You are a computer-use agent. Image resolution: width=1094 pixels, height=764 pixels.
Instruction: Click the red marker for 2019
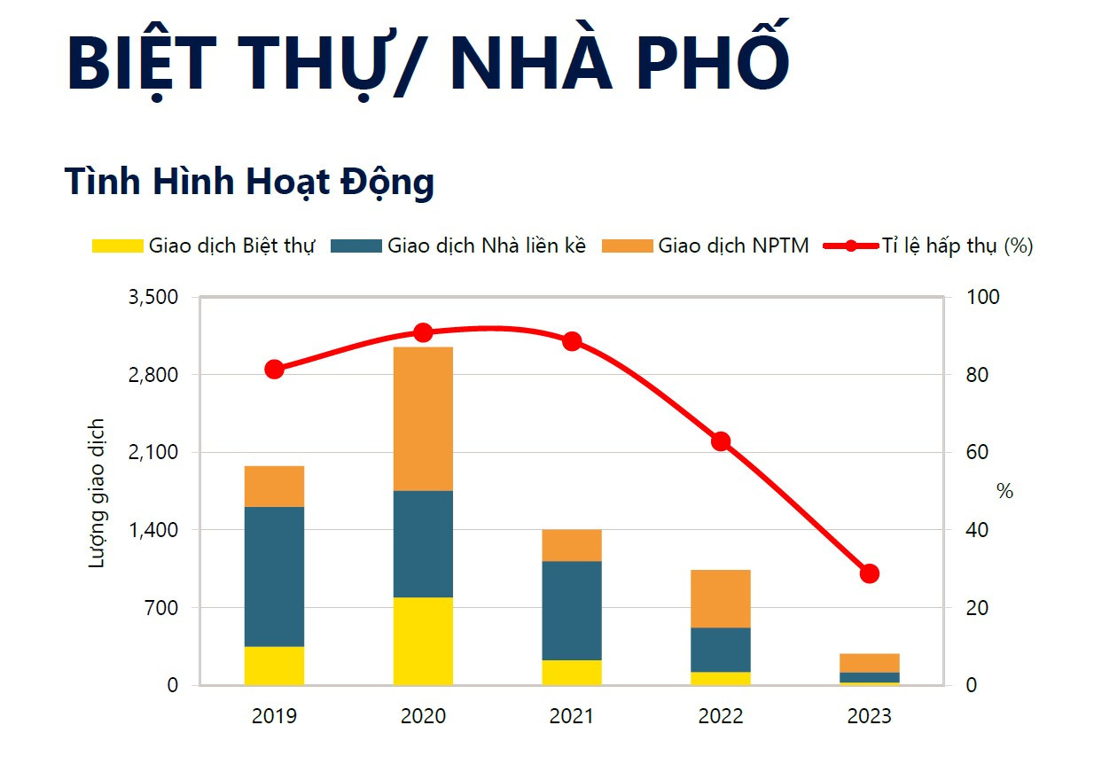coord(274,370)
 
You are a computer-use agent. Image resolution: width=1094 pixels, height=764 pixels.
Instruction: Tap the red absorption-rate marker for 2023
coord(869,573)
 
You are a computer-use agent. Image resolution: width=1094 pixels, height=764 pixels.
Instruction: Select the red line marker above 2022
coord(721,441)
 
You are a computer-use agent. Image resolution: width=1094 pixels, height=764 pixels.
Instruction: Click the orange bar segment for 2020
coord(423,418)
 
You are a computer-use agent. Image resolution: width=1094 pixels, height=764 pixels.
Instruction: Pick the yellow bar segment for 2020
coord(423,641)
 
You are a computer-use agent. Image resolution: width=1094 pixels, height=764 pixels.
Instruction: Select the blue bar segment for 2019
coord(274,576)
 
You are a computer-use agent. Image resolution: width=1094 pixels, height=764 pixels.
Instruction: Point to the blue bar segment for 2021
coord(572,610)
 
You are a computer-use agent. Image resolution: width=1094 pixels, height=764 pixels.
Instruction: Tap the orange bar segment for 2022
coord(721,598)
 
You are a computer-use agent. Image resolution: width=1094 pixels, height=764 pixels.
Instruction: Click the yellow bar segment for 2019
coord(274,666)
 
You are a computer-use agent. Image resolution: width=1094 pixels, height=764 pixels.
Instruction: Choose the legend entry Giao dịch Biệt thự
coord(204,246)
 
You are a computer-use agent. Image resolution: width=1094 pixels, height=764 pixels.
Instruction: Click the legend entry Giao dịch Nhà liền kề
coord(458,246)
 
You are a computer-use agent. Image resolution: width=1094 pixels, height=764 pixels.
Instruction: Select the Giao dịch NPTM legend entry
coord(706,246)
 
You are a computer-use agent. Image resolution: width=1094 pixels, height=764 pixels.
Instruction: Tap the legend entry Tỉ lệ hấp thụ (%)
coord(929,246)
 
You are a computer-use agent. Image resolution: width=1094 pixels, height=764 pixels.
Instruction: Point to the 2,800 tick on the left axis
coord(153,375)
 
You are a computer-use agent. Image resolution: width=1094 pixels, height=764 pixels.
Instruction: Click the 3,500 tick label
coord(153,297)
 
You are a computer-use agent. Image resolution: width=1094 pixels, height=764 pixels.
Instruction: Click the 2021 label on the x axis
coord(572,716)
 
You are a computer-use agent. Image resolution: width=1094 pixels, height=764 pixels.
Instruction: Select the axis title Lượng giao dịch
coord(98,493)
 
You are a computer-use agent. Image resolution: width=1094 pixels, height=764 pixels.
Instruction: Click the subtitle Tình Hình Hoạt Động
coord(249,182)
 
